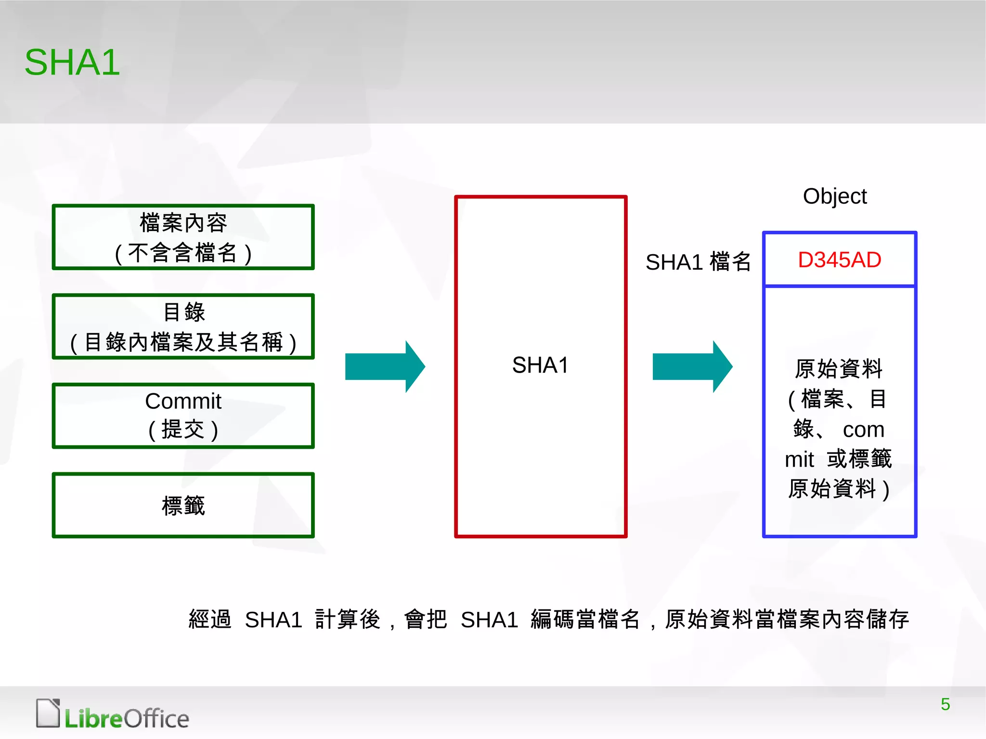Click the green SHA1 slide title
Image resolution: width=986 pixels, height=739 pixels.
(x=72, y=63)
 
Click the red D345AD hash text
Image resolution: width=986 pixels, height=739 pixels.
(x=839, y=260)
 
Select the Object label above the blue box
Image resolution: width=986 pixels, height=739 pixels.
(x=835, y=196)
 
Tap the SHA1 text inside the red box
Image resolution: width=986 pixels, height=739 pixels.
(x=540, y=365)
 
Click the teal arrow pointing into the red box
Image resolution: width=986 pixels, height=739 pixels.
(x=385, y=366)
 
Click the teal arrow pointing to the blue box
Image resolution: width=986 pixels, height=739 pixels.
(x=692, y=366)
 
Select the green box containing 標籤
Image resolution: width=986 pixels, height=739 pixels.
(x=183, y=505)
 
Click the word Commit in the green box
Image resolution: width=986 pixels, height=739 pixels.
(x=183, y=401)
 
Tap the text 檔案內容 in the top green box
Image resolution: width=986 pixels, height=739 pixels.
(x=183, y=223)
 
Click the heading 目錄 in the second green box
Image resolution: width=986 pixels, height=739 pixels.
(x=184, y=312)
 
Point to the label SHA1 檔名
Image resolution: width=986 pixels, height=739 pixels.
(x=698, y=262)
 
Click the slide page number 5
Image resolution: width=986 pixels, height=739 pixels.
(x=945, y=704)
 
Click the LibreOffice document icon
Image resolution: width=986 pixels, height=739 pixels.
(x=48, y=713)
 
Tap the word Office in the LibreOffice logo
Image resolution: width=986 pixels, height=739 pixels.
(x=156, y=719)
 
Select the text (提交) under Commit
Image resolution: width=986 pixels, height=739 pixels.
(x=183, y=429)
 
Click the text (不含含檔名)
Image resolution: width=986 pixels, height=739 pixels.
(x=183, y=253)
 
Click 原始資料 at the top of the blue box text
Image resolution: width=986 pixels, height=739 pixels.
(x=838, y=369)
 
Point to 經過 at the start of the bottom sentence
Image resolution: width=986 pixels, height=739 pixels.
(x=210, y=620)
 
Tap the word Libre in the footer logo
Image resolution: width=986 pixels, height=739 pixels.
(x=94, y=719)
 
